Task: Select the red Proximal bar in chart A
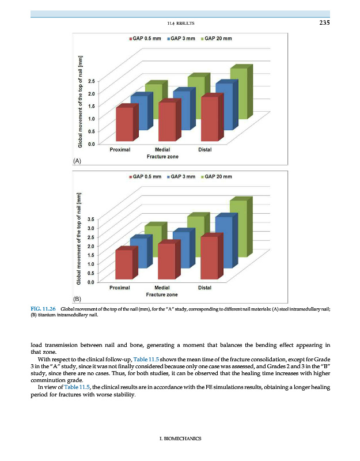(x=124, y=123)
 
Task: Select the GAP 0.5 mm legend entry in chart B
(x=144, y=176)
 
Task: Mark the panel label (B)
(x=77, y=299)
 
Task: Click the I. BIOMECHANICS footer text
(x=180, y=439)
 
